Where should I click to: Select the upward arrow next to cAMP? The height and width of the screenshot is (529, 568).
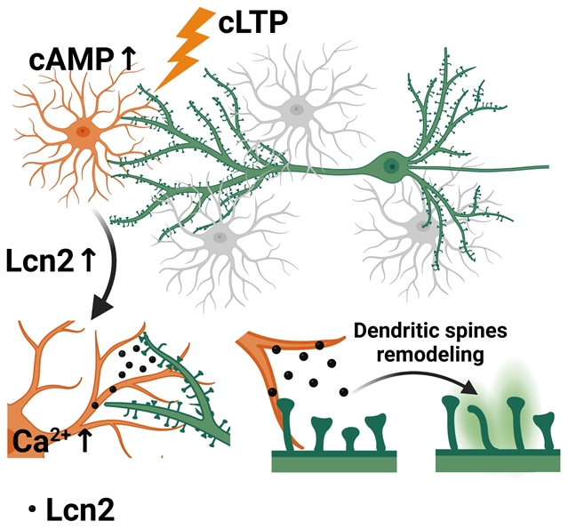coord(126,59)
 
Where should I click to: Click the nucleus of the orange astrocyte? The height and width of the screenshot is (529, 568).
coord(83,132)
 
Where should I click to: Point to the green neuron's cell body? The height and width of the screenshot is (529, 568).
coord(389,165)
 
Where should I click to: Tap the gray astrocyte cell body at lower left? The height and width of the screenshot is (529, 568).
coord(216,239)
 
